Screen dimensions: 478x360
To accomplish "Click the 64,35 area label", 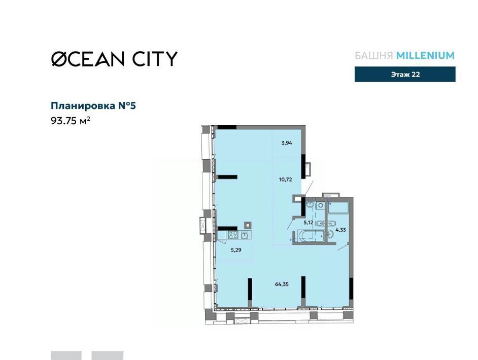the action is (x=282, y=284).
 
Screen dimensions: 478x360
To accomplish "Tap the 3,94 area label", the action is (x=287, y=142).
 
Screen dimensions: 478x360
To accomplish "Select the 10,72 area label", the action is (x=285, y=179).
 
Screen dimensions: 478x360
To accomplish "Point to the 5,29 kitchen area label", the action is (x=236, y=250).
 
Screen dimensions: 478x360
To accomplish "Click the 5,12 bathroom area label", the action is (x=308, y=222).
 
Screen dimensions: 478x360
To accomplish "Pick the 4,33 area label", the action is (x=340, y=230).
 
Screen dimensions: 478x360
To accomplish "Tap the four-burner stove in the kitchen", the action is (x=233, y=235).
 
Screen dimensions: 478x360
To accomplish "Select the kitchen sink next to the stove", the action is (x=245, y=235).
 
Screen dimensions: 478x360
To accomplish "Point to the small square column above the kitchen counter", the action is (x=248, y=225).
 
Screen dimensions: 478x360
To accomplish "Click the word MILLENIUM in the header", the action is (x=425, y=55).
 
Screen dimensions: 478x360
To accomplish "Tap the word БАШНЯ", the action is (x=374, y=55).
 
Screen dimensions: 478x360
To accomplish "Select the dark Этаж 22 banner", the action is (x=405, y=75).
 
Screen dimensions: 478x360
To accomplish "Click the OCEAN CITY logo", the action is (x=114, y=58).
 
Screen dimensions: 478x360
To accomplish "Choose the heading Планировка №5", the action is (x=93, y=105).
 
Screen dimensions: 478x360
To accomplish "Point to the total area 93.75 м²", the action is (x=71, y=121).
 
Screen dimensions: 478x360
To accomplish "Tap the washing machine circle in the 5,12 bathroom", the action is (x=320, y=205).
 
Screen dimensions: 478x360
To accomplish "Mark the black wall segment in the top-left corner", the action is (x=227, y=127).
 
